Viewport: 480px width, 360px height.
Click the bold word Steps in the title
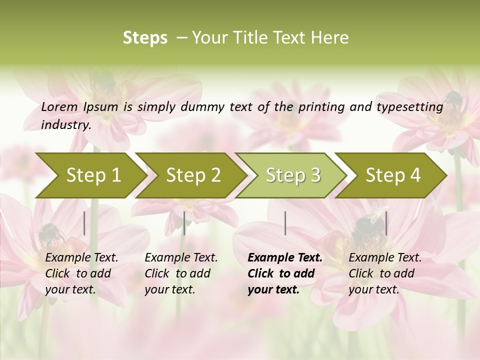click(145, 38)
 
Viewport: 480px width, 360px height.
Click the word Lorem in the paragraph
click(59, 106)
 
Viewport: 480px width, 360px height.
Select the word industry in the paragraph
click(66, 124)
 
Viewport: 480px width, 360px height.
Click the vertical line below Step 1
click(84, 223)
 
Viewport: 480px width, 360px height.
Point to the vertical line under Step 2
click(184, 223)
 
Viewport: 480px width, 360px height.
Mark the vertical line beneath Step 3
click(285, 223)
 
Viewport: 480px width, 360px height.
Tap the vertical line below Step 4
click(386, 223)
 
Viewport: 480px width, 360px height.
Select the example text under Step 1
click(81, 273)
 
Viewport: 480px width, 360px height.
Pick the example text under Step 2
click(181, 273)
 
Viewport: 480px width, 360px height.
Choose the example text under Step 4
click(385, 273)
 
